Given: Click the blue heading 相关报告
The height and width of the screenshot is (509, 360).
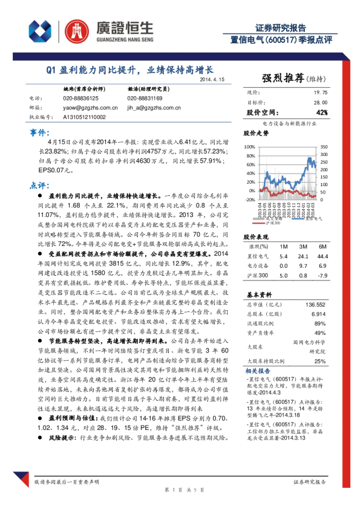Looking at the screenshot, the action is (260, 371).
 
